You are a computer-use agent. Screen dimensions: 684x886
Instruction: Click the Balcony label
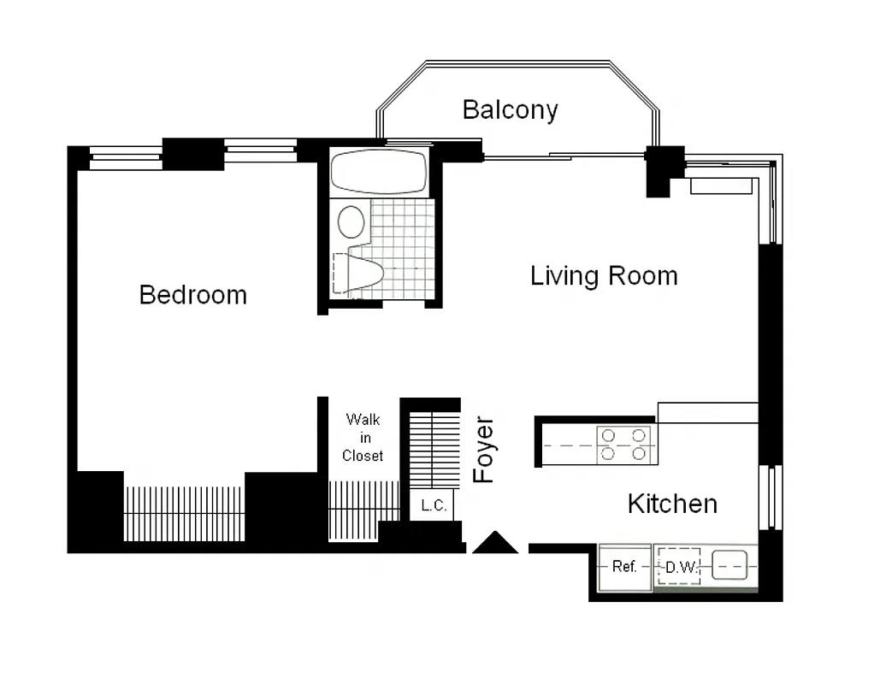[x=510, y=109]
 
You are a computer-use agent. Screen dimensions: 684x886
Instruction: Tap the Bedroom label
[x=192, y=295]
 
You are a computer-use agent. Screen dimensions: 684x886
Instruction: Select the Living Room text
[x=604, y=276]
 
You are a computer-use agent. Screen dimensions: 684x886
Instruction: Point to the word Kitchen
[x=672, y=504]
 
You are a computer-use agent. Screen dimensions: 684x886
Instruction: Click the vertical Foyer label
[x=485, y=451]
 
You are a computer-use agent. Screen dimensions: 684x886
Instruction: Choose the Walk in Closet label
[x=363, y=438]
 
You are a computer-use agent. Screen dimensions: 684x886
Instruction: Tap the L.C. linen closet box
[x=434, y=505]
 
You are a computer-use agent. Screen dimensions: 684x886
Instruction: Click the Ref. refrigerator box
[x=624, y=567]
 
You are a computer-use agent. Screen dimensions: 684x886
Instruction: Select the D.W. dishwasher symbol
[x=678, y=567]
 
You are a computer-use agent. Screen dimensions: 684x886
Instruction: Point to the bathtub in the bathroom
[x=379, y=172]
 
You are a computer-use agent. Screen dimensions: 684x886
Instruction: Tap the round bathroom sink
[x=351, y=221]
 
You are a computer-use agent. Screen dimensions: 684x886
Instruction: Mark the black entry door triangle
[x=495, y=542]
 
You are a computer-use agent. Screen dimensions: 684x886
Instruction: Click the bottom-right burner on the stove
[x=639, y=453]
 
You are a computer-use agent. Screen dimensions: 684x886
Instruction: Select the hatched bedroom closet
[x=184, y=513]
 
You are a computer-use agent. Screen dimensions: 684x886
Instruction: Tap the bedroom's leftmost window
[x=126, y=156]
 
